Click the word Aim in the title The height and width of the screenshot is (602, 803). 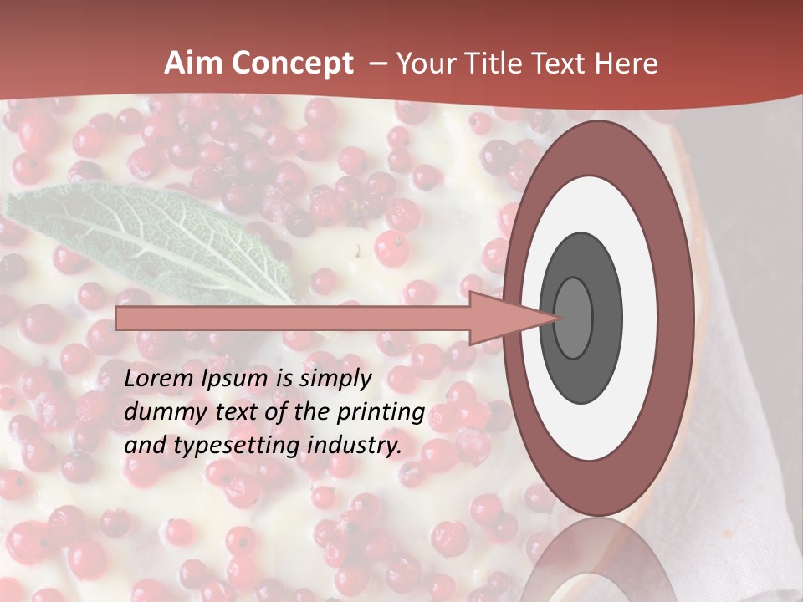click(190, 64)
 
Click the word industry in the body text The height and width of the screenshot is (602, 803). click(352, 446)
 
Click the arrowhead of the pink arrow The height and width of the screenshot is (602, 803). click(510, 319)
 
